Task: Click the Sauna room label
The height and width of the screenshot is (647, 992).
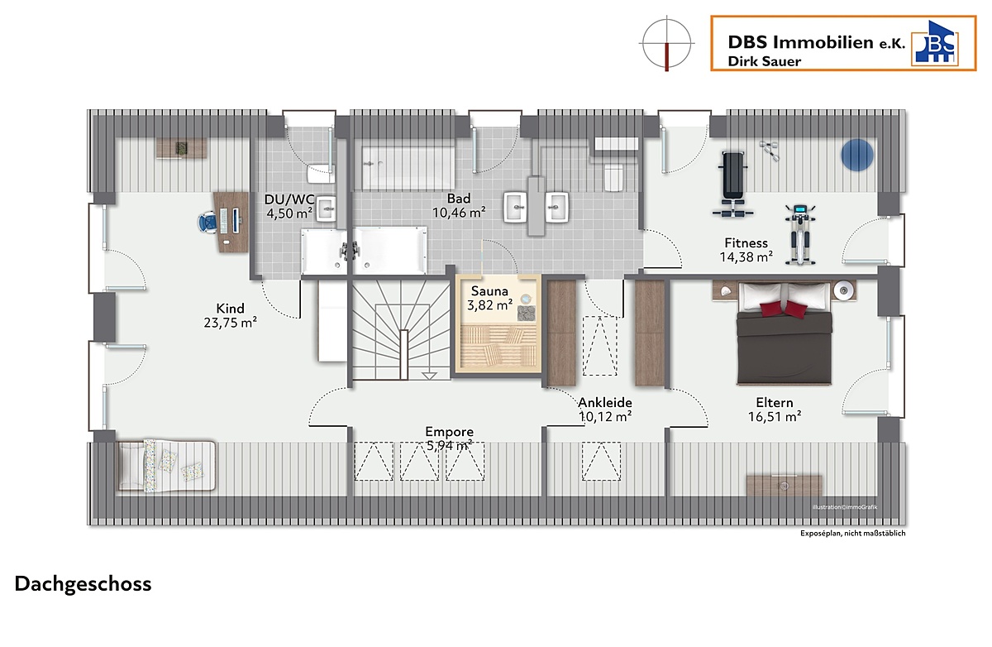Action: (x=489, y=291)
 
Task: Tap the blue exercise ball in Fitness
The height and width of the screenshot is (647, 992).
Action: (x=857, y=155)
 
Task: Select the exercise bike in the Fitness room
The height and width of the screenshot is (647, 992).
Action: (x=800, y=235)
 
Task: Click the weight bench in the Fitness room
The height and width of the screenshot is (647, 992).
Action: (x=733, y=185)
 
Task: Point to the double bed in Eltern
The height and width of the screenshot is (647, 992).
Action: (x=785, y=333)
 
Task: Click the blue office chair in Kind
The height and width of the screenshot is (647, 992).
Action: (x=207, y=222)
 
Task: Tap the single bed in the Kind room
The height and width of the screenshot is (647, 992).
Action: (x=166, y=465)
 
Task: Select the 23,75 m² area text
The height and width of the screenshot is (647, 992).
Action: (x=231, y=323)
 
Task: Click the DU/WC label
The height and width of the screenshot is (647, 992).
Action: (x=289, y=199)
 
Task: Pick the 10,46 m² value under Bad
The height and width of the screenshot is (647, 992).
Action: (x=459, y=213)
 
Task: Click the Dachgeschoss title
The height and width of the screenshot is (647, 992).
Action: (x=83, y=584)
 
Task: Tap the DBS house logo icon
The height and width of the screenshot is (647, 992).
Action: (x=935, y=43)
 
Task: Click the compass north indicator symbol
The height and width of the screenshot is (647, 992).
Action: (x=666, y=43)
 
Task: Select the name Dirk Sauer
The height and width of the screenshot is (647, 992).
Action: (x=765, y=61)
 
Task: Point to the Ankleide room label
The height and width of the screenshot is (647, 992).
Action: (x=605, y=402)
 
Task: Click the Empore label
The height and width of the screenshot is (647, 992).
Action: (x=450, y=432)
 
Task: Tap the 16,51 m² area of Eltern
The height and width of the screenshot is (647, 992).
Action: (x=775, y=416)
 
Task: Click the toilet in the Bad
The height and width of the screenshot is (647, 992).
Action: (x=613, y=177)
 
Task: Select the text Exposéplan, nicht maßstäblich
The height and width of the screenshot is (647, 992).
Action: (x=852, y=533)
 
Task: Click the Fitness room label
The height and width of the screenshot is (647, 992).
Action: (x=746, y=243)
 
